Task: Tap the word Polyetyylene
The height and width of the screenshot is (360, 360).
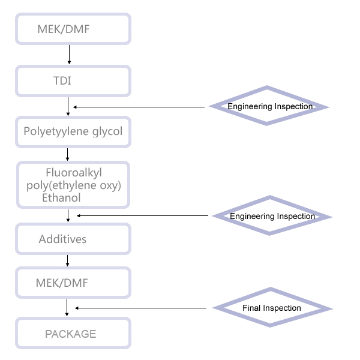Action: click(x=56, y=131)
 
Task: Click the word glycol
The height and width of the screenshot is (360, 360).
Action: click(x=107, y=131)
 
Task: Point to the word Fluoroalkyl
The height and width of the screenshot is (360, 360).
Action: click(x=74, y=173)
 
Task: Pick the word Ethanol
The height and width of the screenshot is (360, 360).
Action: click(x=61, y=197)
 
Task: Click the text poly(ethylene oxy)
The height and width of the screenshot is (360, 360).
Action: click(x=74, y=185)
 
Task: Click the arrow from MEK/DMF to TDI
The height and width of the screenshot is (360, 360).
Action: click(x=69, y=55)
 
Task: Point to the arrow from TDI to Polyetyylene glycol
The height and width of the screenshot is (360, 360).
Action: click(x=68, y=106)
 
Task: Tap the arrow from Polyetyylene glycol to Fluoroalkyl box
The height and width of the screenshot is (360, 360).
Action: click(x=67, y=154)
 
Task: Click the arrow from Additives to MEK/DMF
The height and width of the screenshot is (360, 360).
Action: click(x=67, y=260)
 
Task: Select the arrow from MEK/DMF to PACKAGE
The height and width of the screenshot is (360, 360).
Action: click(x=67, y=307)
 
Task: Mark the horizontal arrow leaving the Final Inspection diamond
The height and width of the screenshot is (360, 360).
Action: click(x=141, y=308)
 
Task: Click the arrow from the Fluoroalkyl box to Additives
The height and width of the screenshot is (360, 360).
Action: click(x=68, y=215)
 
